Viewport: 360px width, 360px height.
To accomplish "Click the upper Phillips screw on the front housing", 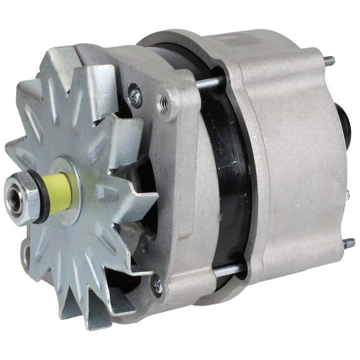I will [134, 95].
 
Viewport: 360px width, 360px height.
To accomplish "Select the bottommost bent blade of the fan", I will [100, 316].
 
